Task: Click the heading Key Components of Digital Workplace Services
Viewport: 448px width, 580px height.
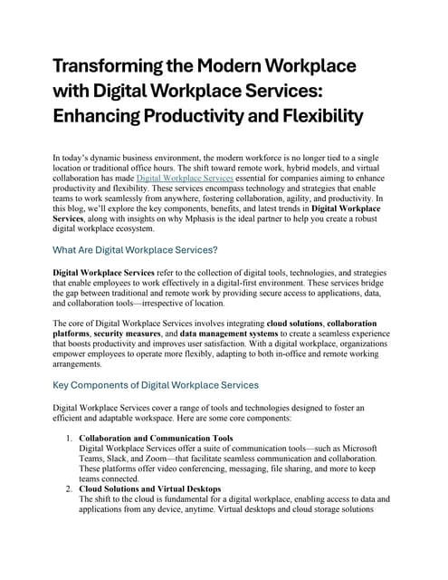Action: coord(156,385)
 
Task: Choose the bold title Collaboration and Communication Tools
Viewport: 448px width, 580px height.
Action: coord(157,439)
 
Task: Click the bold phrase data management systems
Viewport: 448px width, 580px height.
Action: coord(262,333)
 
